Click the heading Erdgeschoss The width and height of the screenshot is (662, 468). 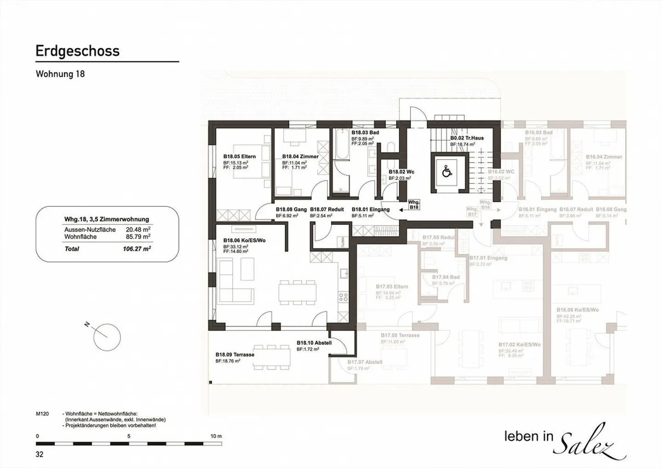[x=77, y=51]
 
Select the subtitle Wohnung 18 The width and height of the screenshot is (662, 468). [x=60, y=74]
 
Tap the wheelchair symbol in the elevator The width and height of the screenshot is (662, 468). [x=446, y=172]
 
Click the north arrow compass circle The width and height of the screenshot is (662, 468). [x=107, y=337]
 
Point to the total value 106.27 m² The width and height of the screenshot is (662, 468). [x=134, y=249]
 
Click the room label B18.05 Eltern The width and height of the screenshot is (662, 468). [x=239, y=156]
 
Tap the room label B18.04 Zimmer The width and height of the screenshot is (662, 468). [x=300, y=156]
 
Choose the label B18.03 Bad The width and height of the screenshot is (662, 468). [x=365, y=132]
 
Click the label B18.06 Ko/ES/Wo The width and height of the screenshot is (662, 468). [x=244, y=240]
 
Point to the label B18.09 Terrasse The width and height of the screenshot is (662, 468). [x=234, y=354]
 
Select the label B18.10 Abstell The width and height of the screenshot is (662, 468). [x=314, y=343]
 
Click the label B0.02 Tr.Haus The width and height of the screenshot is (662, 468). [x=467, y=138]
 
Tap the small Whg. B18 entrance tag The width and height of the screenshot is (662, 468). [x=414, y=205]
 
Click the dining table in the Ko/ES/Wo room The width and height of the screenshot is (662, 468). [x=297, y=292]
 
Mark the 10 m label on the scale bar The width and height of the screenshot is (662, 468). [x=216, y=436]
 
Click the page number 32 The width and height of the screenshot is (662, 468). [x=40, y=454]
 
